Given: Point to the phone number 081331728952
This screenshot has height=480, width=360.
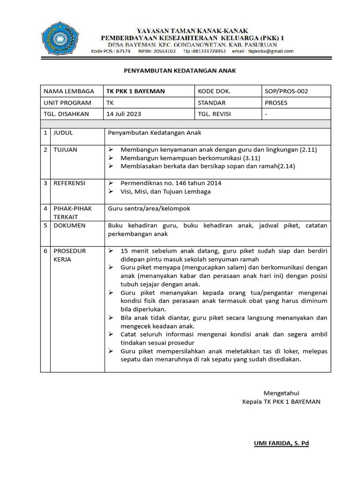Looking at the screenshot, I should click(209, 51).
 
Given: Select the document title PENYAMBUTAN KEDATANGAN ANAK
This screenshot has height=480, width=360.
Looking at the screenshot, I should click(180, 70).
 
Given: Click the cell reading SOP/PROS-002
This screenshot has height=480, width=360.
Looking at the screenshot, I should click(286, 91).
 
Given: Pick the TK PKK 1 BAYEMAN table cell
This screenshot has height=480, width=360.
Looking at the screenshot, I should click(136, 91).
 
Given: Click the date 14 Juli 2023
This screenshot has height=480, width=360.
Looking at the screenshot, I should click(124, 114).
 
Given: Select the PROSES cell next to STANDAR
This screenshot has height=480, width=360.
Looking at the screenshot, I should click(276, 103).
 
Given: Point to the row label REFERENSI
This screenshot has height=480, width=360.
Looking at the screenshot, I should click(69, 183).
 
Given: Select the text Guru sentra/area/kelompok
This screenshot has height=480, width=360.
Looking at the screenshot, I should click(149, 209).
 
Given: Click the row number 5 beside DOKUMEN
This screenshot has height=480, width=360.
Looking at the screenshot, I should click(45, 225).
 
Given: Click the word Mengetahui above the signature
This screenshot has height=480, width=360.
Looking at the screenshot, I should click(281, 393).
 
